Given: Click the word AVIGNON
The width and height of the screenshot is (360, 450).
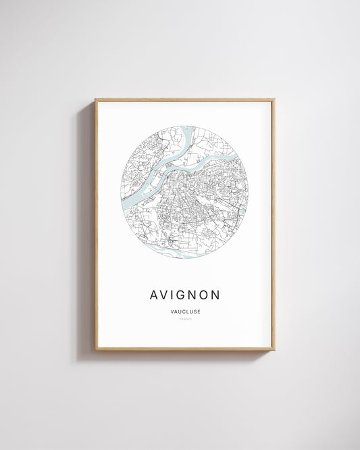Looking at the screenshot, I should (184, 295).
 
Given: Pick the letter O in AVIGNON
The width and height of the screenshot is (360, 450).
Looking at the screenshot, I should (205, 295).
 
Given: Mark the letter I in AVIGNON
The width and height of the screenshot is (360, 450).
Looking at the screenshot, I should (171, 295).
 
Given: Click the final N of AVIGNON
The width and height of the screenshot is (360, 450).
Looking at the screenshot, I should (217, 295).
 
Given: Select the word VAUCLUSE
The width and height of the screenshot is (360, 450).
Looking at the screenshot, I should (184, 311).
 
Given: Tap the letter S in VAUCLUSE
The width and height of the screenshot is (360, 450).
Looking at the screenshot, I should (193, 311).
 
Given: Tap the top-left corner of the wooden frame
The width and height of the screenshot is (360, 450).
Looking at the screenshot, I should (96, 100).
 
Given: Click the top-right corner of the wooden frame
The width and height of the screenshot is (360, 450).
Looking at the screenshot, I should (274, 100).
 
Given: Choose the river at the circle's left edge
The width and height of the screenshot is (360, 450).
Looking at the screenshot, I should (124, 201).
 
